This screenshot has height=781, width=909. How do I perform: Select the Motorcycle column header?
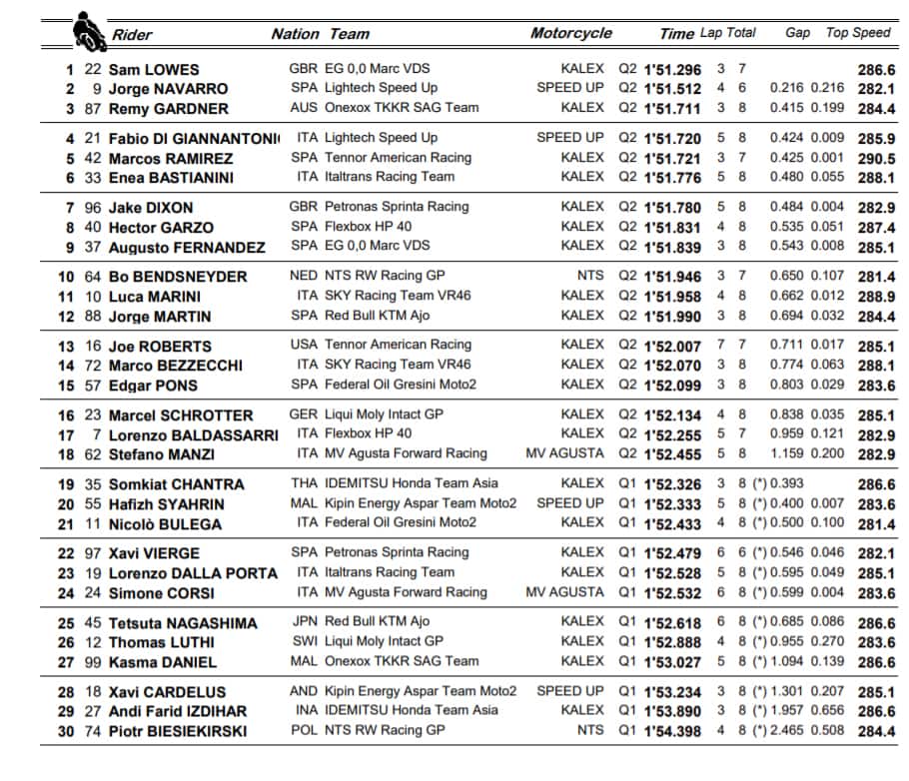click(x=570, y=33)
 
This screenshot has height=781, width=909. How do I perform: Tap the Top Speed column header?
click(x=857, y=33)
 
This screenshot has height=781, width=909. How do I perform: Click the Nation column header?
click(x=295, y=34)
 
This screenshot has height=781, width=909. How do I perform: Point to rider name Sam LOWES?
click(x=154, y=70)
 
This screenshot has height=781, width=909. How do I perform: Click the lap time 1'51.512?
click(x=672, y=89)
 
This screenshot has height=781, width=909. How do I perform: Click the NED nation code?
click(x=303, y=276)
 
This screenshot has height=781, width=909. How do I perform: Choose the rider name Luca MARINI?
click(x=155, y=297)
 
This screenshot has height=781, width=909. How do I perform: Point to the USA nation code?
click(x=303, y=345)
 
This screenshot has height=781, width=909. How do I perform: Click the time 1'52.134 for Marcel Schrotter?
click(x=672, y=414)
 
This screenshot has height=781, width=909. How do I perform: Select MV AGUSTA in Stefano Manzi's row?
click(x=564, y=453)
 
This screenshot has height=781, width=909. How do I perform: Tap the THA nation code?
click(x=303, y=483)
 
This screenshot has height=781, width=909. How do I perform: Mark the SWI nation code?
click(x=303, y=641)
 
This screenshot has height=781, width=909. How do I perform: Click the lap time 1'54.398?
click(x=672, y=731)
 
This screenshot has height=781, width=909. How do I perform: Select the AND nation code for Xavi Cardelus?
click(x=303, y=691)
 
